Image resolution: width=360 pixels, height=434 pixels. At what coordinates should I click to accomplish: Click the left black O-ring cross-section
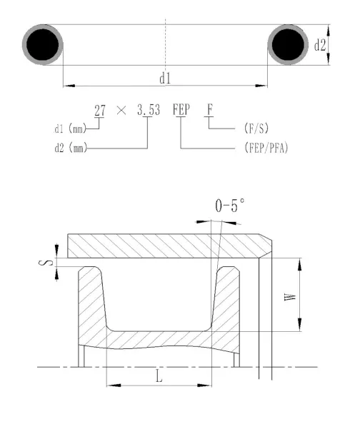click(x=42, y=44)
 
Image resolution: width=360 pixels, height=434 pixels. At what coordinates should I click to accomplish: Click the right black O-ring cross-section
click(x=288, y=44)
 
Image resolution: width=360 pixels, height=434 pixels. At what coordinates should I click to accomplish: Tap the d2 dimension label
click(x=320, y=45)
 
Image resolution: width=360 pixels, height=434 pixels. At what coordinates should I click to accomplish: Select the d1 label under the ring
click(x=165, y=79)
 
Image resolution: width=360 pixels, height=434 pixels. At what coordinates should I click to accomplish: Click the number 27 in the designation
click(x=100, y=111)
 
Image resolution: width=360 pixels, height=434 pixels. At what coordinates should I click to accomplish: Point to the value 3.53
click(x=149, y=110)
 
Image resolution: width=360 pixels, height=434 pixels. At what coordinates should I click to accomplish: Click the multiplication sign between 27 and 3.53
click(x=121, y=111)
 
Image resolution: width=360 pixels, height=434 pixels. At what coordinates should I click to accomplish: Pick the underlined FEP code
click(x=181, y=110)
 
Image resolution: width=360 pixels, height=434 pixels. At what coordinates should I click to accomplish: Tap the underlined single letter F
click(x=210, y=110)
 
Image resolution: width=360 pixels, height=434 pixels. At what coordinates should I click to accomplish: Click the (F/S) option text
click(x=256, y=128)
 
